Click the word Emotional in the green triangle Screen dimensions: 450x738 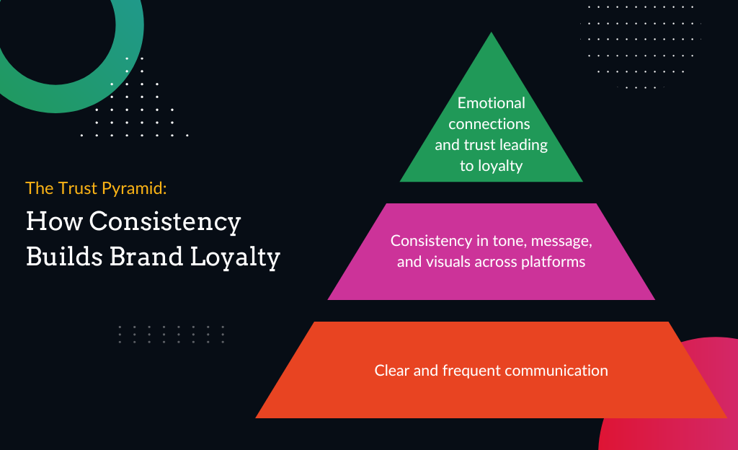point(491,103)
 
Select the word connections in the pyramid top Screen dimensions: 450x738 point(491,123)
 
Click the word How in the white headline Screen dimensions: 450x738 point(47,221)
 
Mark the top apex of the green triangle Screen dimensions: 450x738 point(491,34)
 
